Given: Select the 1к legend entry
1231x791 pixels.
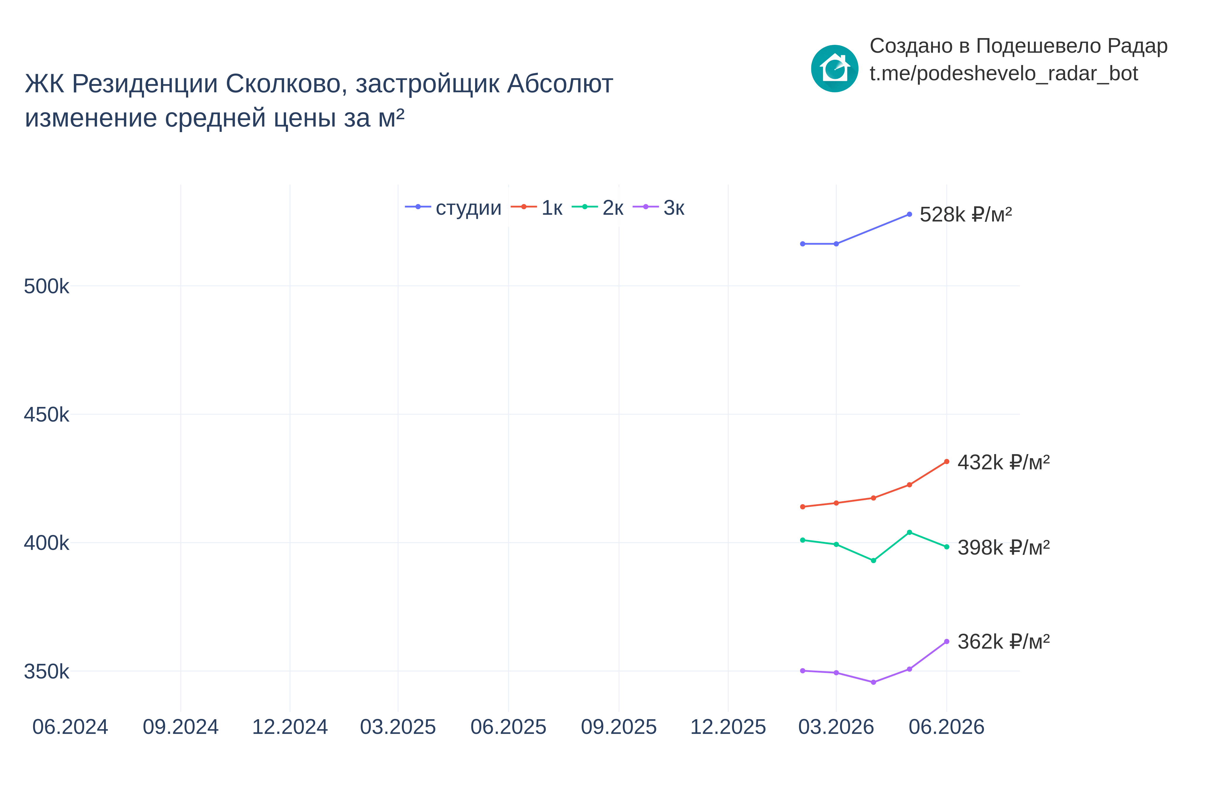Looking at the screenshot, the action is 536,207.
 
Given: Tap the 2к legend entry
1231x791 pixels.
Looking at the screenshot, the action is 598,207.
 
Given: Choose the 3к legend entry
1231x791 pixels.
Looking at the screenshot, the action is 659,207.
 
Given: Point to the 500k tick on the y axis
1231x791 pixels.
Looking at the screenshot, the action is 46,287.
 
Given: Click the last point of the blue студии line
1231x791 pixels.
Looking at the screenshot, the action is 909,214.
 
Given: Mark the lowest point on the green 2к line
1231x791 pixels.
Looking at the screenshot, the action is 873,560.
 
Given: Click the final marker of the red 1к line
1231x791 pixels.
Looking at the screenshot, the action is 947,462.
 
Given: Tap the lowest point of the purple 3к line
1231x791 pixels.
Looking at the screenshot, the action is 873,682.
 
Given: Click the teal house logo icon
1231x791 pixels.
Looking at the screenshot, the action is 835,68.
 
